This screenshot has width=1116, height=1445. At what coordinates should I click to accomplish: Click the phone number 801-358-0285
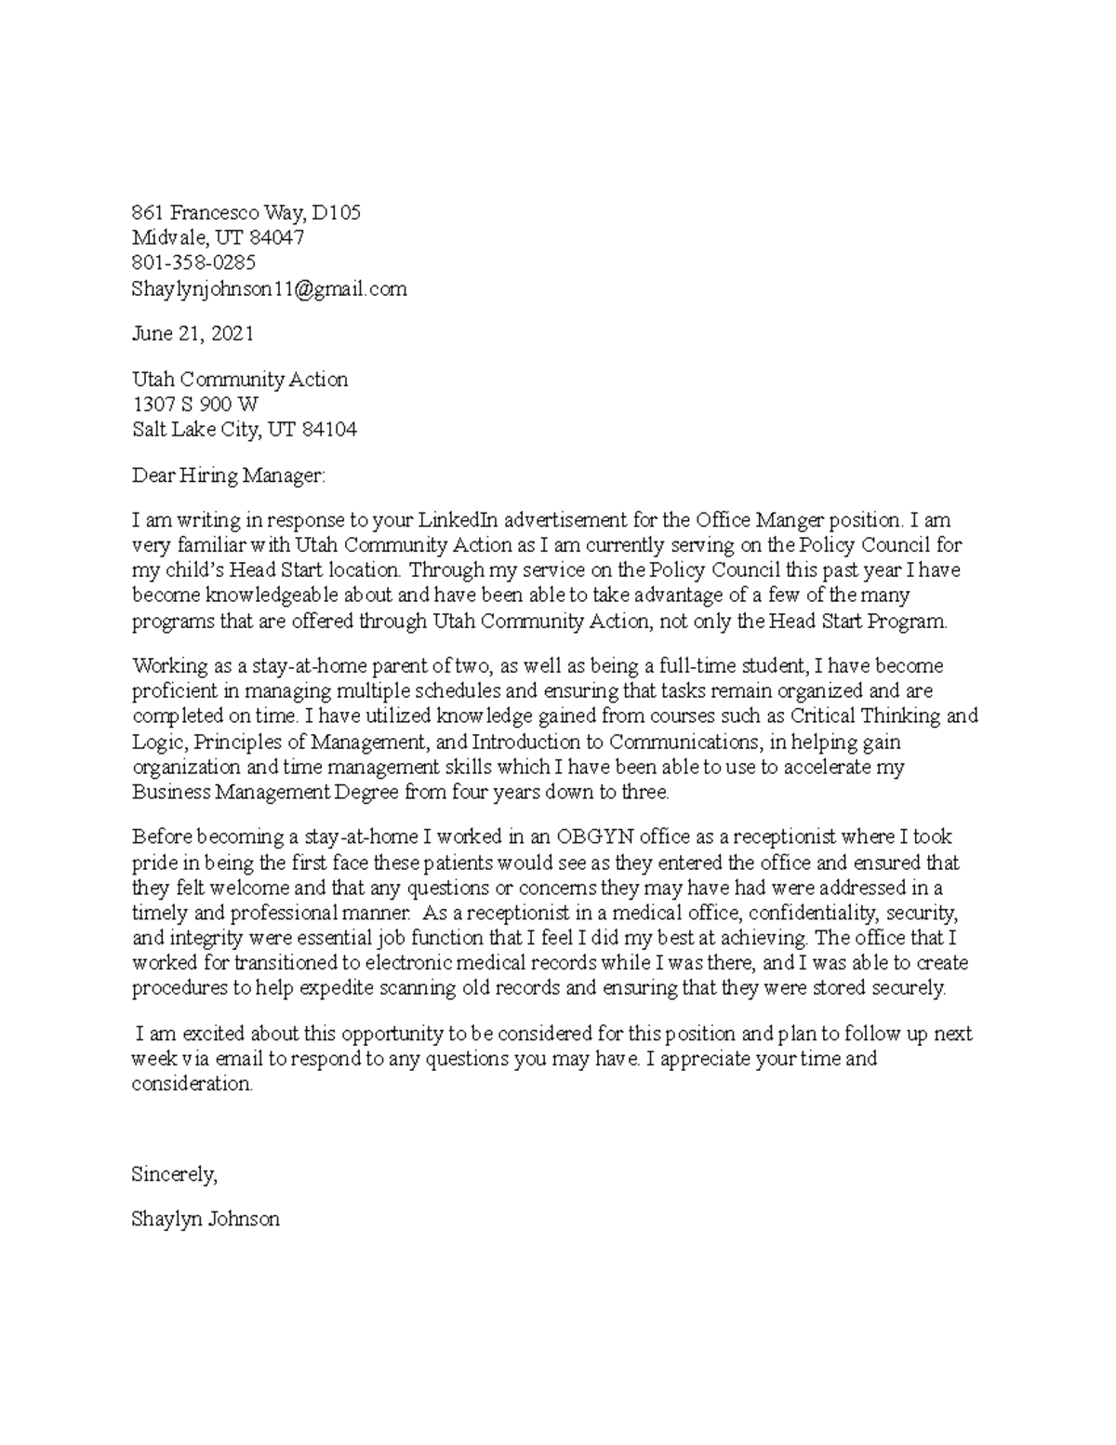193,263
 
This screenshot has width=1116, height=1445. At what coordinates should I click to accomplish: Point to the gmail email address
269,289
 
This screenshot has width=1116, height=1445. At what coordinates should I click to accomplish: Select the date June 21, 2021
193,334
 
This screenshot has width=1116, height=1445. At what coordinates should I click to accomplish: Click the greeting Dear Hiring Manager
229,476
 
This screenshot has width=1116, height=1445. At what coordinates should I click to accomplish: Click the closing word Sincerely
174,1174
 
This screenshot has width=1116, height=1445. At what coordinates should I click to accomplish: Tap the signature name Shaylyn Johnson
206,1219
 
